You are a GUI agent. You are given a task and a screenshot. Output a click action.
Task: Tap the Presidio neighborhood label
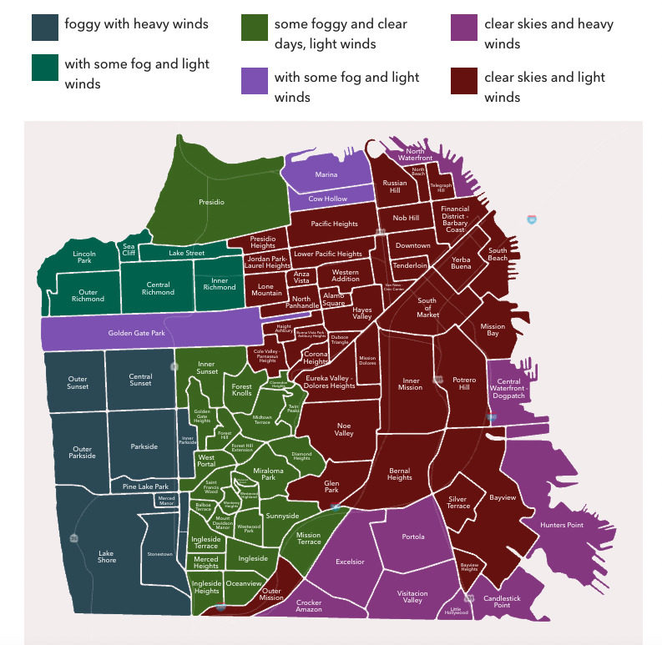211,201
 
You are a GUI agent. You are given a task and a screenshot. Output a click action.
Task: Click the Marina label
326,175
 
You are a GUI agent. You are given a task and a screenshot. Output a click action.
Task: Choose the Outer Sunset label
78,383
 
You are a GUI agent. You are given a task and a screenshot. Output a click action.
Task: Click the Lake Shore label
106,556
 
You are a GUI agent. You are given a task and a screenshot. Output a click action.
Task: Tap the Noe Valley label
344,428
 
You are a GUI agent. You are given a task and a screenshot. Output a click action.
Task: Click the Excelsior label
351,562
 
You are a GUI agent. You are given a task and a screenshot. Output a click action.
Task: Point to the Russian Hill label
395,186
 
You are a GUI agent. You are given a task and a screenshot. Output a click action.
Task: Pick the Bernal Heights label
400,473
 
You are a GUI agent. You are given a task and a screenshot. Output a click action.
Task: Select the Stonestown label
159,553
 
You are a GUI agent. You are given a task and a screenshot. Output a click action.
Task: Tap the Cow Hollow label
327,199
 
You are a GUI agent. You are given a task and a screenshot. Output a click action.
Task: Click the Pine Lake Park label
146,486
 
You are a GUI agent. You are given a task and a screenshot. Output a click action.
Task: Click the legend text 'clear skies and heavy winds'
548,33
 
